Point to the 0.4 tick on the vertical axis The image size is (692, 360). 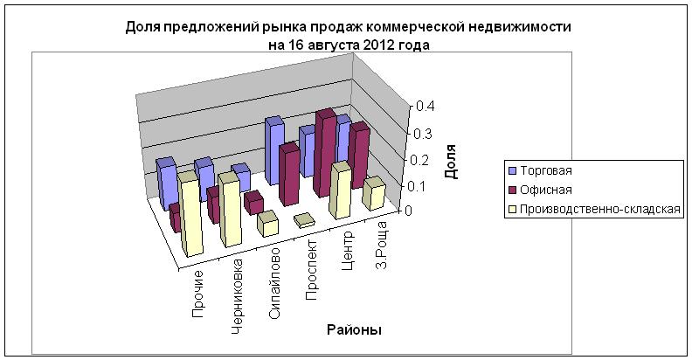[426, 106]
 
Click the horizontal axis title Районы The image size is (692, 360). [353, 329]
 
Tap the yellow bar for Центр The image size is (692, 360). [341, 190]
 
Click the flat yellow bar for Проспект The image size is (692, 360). [304, 220]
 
